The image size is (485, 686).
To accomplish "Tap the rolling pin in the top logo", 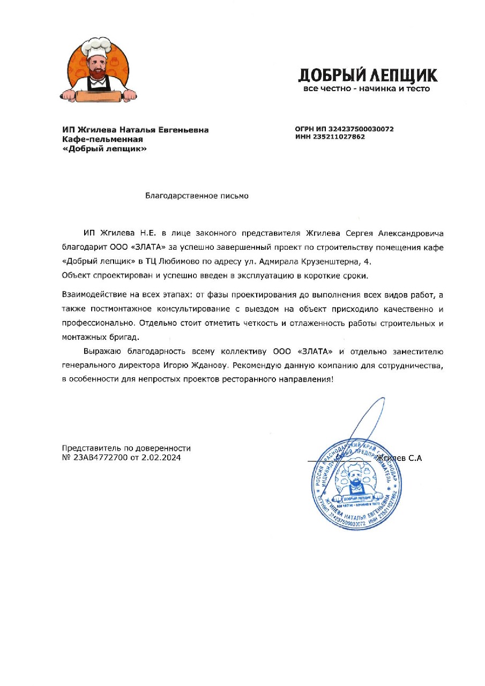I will click(x=99, y=96).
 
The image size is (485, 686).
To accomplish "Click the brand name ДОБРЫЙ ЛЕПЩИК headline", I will click(x=367, y=74).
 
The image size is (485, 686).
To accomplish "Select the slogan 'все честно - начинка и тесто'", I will click(x=367, y=88).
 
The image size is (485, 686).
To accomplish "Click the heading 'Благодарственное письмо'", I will click(x=197, y=196).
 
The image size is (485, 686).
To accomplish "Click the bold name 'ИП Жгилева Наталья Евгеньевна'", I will click(x=135, y=130).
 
